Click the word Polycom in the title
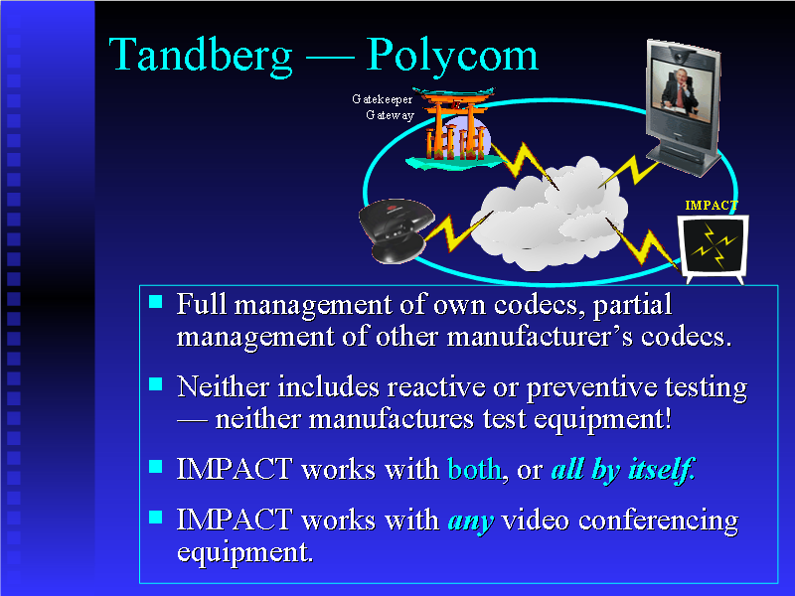(x=452, y=57)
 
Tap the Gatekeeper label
(x=382, y=99)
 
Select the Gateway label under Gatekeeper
(x=390, y=115)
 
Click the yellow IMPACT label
(x=712, y=205)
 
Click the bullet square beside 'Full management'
(x=155, y=300)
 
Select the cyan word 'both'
(x=474, y=469)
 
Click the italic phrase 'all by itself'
(x=621, y=469)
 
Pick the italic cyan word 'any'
(x=470, y=520)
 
